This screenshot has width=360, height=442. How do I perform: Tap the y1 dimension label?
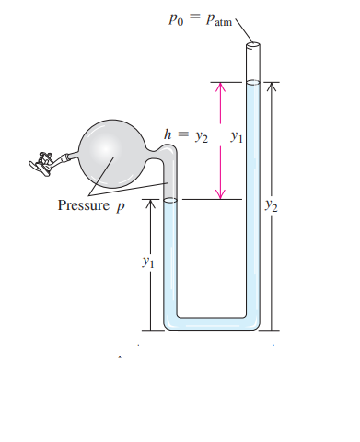pyautogui.click(x=144, y=262)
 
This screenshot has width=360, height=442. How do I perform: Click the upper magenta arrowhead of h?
pyautogui.click(x=220, y=86)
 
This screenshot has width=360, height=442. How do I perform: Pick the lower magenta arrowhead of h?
pyautogui.click(x=220, y=193)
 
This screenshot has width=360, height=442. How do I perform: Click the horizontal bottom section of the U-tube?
pyautogui.click(x=212, y=324)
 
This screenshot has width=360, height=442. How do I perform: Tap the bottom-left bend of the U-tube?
pyautogui.click(x=170, y=322)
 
